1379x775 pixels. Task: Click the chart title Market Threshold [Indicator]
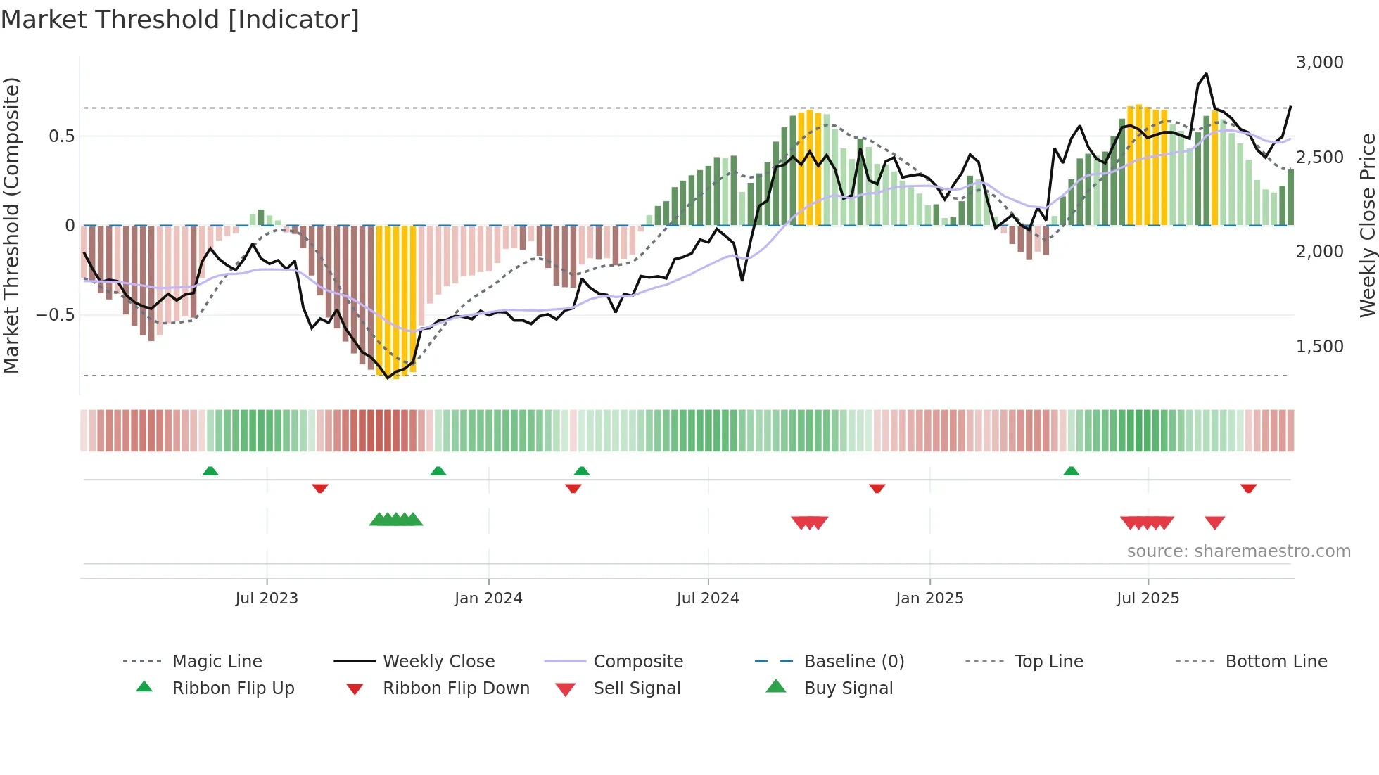[180, 20]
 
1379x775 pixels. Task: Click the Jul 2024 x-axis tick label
[708, 598]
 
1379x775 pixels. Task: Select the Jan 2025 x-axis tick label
[929, 598]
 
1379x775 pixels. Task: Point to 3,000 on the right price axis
[1319, 63]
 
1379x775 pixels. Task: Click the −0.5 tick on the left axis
[56, 314]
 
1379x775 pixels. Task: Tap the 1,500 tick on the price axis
[1319, 347]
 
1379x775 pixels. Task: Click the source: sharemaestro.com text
[1238, 551]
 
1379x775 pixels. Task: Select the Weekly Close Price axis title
[1367, 225]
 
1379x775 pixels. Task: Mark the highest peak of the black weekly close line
[1206, 74]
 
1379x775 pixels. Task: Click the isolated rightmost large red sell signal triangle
[1215, 523]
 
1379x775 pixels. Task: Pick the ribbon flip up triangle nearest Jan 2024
[438, 470]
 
